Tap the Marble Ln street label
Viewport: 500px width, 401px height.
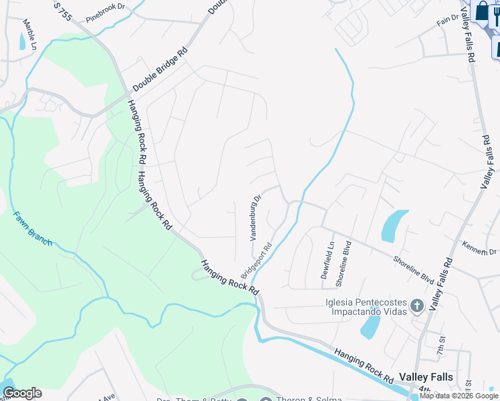tap(29, 33)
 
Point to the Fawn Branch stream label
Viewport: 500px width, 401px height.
tap(32, 229)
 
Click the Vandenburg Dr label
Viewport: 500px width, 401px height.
tap(255, 217)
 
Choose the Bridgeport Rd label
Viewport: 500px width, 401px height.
tap(257, 261)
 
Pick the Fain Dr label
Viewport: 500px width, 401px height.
tap(446, 22)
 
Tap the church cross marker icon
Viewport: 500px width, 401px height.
tap(417, 307)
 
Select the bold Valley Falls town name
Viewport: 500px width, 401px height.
tap(426, 377)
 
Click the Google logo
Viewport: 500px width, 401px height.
tap(21, 393)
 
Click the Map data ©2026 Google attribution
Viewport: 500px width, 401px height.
tap(459, 396)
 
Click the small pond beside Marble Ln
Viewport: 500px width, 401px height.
tap(22, 41)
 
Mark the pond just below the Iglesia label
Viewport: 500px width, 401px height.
tap(370, 325)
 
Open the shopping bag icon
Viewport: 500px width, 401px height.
tap(481, 11)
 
